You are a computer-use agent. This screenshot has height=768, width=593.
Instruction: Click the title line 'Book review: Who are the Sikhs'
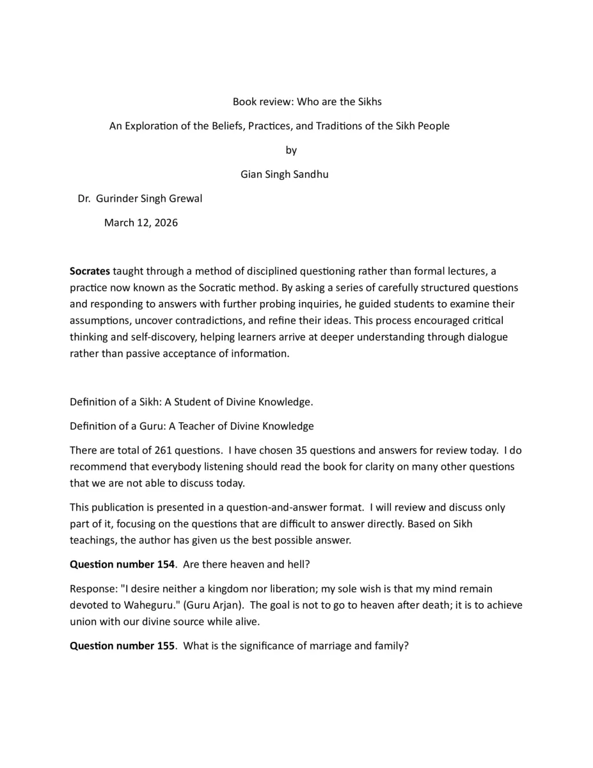pos(306,102)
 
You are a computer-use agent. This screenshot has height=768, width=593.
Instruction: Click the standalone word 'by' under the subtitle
pos(291,150)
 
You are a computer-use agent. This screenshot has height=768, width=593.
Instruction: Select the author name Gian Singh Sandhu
pos(284,174)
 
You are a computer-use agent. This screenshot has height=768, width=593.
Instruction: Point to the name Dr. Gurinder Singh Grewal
pos(139,198)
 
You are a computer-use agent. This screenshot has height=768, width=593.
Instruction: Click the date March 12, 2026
pos(141,223)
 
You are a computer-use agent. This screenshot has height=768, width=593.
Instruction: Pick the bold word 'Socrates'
pos(90,271)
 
